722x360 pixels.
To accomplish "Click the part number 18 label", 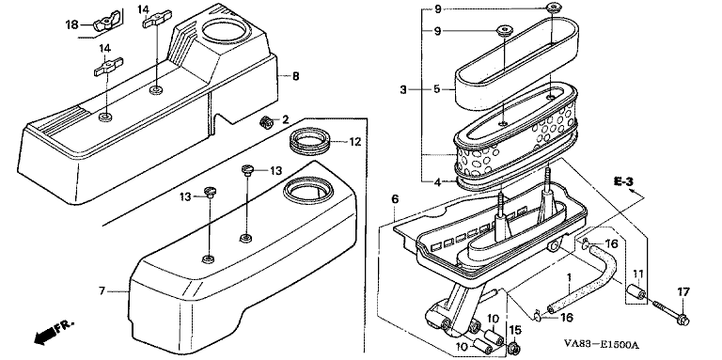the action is click(x=71, y=24).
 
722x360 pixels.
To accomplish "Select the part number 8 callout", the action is click(x=295, y=76).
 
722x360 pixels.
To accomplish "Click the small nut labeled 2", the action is click(x=266, y=122).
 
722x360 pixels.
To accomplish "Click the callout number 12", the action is click(x=354, y=142).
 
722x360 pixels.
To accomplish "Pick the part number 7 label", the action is click(x=102, y=290).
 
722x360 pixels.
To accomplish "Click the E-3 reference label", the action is click(x=623, y=181).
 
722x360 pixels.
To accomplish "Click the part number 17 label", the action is click(x=683, y=292).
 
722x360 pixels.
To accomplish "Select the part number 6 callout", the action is click(x=395, y=199).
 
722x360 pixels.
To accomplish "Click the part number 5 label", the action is click(x=437, y=89).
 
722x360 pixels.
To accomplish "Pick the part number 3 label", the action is click(x=403, y=90).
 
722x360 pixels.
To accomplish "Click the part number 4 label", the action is click(x=437, y=181).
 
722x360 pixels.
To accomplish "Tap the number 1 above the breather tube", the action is click(x=569, y=277).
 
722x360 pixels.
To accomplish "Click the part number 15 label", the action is click(x=516, y=330).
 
